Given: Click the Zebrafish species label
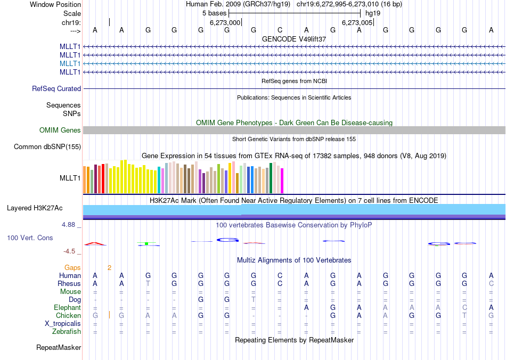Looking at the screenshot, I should coord(67,332).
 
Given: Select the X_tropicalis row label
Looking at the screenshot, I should coord(63,324).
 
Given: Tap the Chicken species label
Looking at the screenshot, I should coord(68,316).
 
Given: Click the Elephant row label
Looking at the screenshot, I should coord(67,308).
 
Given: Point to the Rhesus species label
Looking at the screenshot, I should coord(69,284).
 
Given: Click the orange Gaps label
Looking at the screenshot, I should coord(73,267).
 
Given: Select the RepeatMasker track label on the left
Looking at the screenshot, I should coord(59,348).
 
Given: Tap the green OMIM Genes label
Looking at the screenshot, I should coord(60,130).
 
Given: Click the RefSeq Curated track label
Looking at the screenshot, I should coord(56,89).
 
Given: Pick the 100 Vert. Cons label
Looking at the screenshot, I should coord(30,238).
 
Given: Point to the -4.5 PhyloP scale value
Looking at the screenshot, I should coord(71,251).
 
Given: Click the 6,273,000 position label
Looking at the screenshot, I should coord(225,23).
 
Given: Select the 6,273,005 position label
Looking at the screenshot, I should coord(357,23).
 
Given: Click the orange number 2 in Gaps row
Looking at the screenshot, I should coord(109,267).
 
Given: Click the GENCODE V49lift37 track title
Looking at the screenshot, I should coord(294,39).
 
